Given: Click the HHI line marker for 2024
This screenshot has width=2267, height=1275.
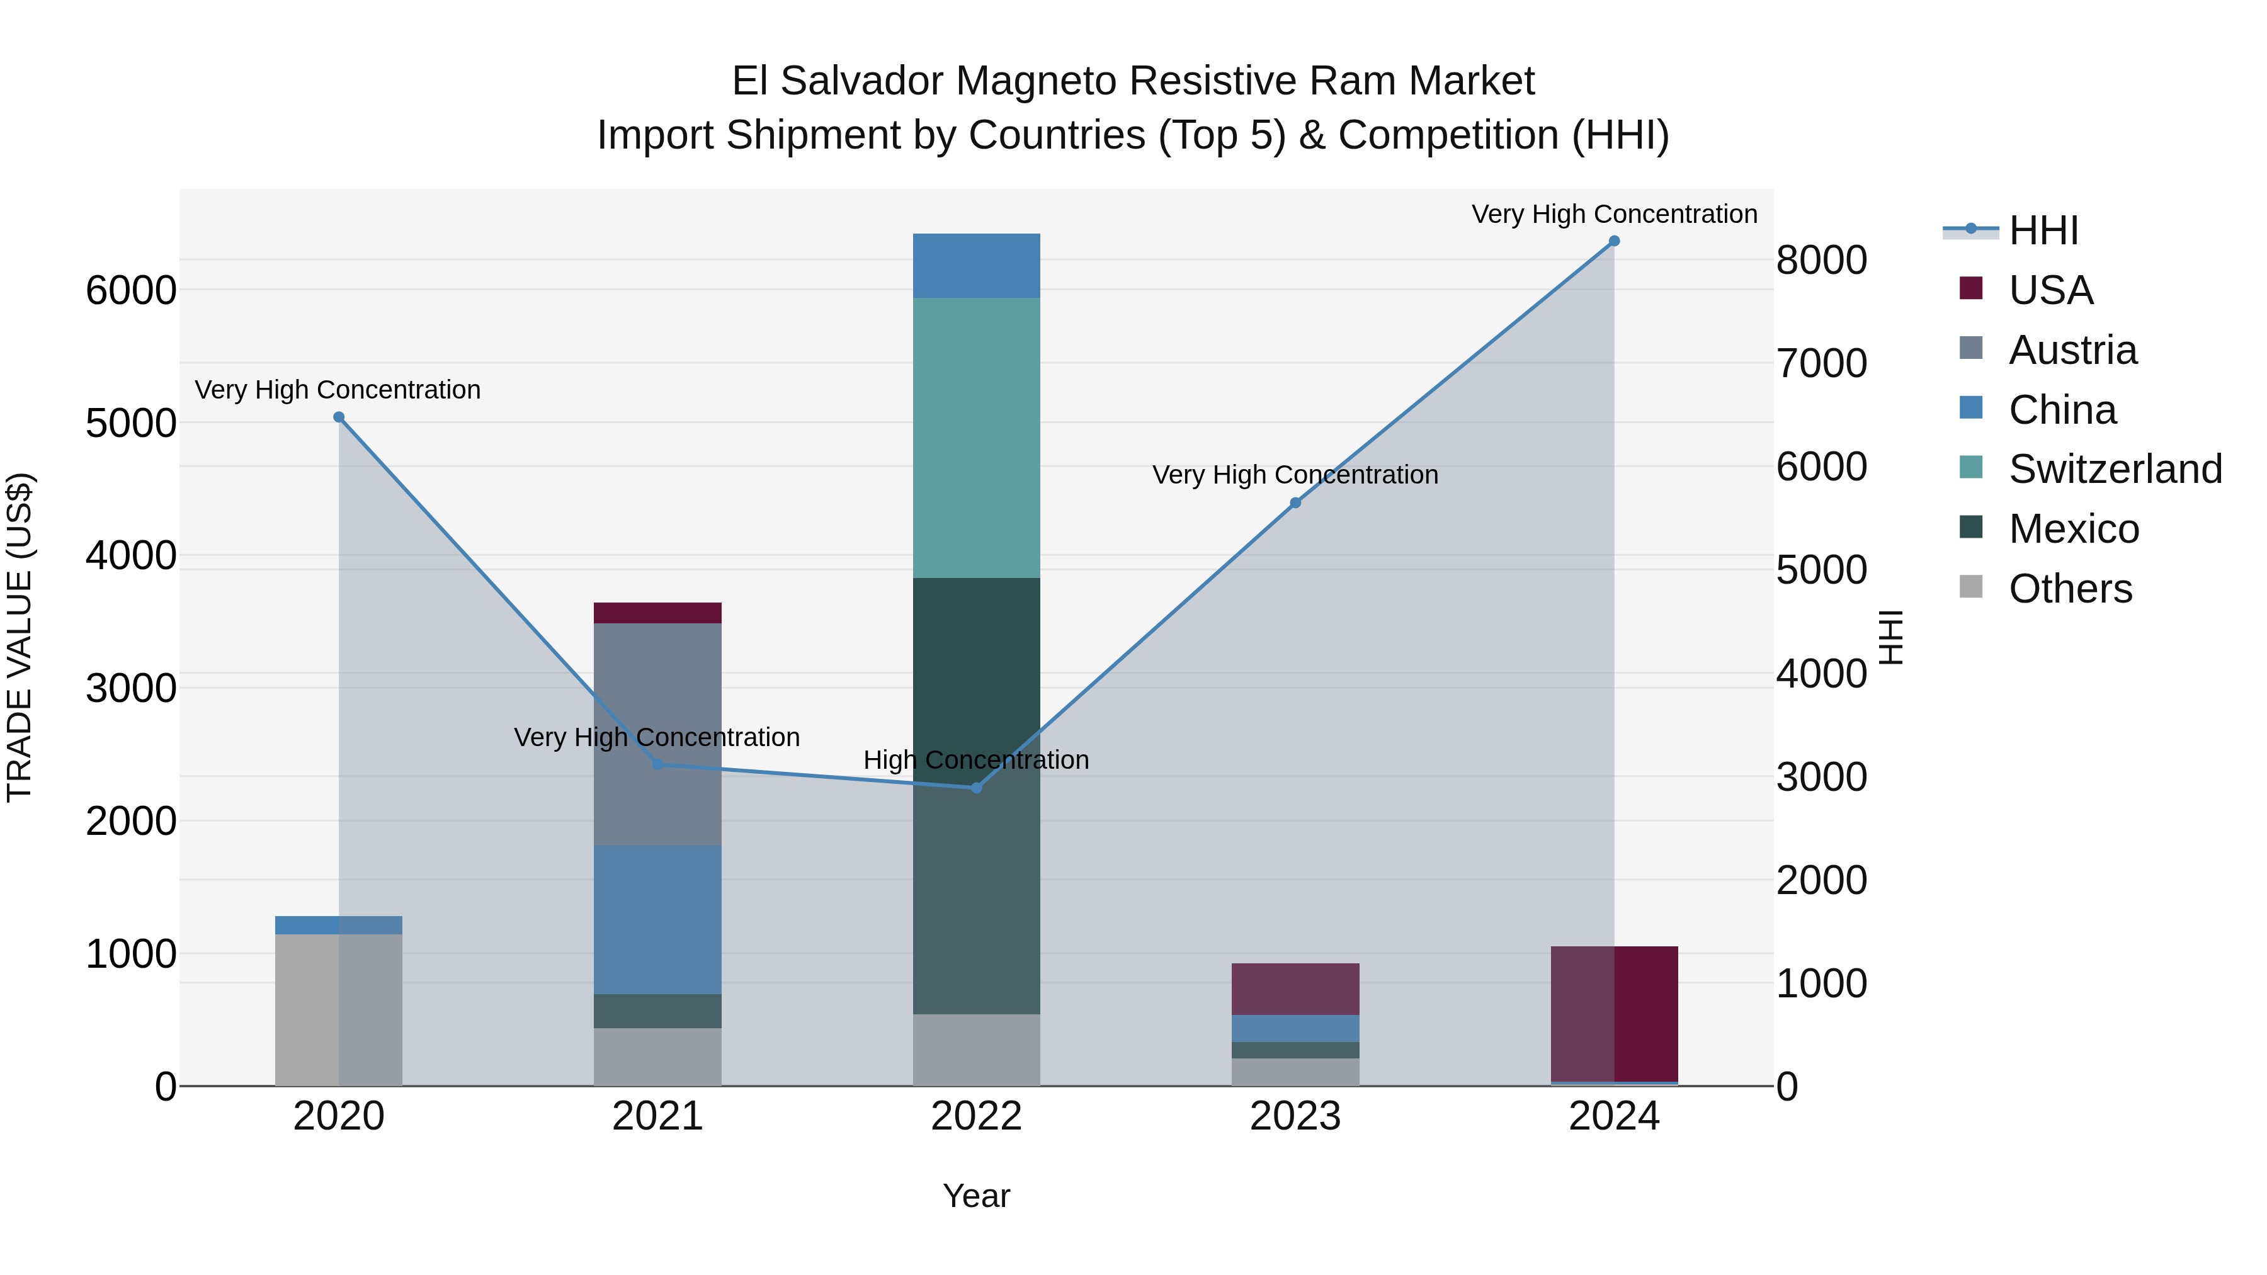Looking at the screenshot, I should pos(1614,241).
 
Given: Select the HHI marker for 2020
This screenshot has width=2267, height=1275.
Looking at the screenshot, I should pos(339,417).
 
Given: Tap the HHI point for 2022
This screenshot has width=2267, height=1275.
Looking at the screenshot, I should pos(976,788).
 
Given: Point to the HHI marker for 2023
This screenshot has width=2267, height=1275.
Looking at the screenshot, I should pos(1295,502).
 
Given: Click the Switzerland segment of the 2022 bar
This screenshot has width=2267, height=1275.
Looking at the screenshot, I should pos(976,438).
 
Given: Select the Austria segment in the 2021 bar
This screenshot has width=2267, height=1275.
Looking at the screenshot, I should pos(657,734).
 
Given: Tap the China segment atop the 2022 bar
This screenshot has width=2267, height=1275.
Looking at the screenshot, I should pos(976,266).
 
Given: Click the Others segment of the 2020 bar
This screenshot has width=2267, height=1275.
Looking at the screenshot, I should pos(339,1009).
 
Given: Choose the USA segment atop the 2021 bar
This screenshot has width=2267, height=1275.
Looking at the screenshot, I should pos(657,613).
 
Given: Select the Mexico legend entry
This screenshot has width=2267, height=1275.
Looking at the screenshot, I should pos(2074,529).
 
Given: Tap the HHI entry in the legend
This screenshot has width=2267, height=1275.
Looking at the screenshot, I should pos(2043,230).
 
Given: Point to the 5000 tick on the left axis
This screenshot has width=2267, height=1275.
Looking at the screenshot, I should pos(130,423).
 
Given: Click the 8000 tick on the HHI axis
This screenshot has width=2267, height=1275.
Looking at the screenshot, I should pos(1821,261).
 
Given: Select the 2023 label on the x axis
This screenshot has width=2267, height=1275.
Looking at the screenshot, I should pos(1295,1116).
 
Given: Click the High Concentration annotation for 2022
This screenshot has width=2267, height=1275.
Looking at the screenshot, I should pos(976,759).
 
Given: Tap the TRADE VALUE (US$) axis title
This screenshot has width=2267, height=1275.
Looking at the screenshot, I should pos(20,637).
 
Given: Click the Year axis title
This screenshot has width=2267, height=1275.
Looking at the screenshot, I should pos(976,1196).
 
